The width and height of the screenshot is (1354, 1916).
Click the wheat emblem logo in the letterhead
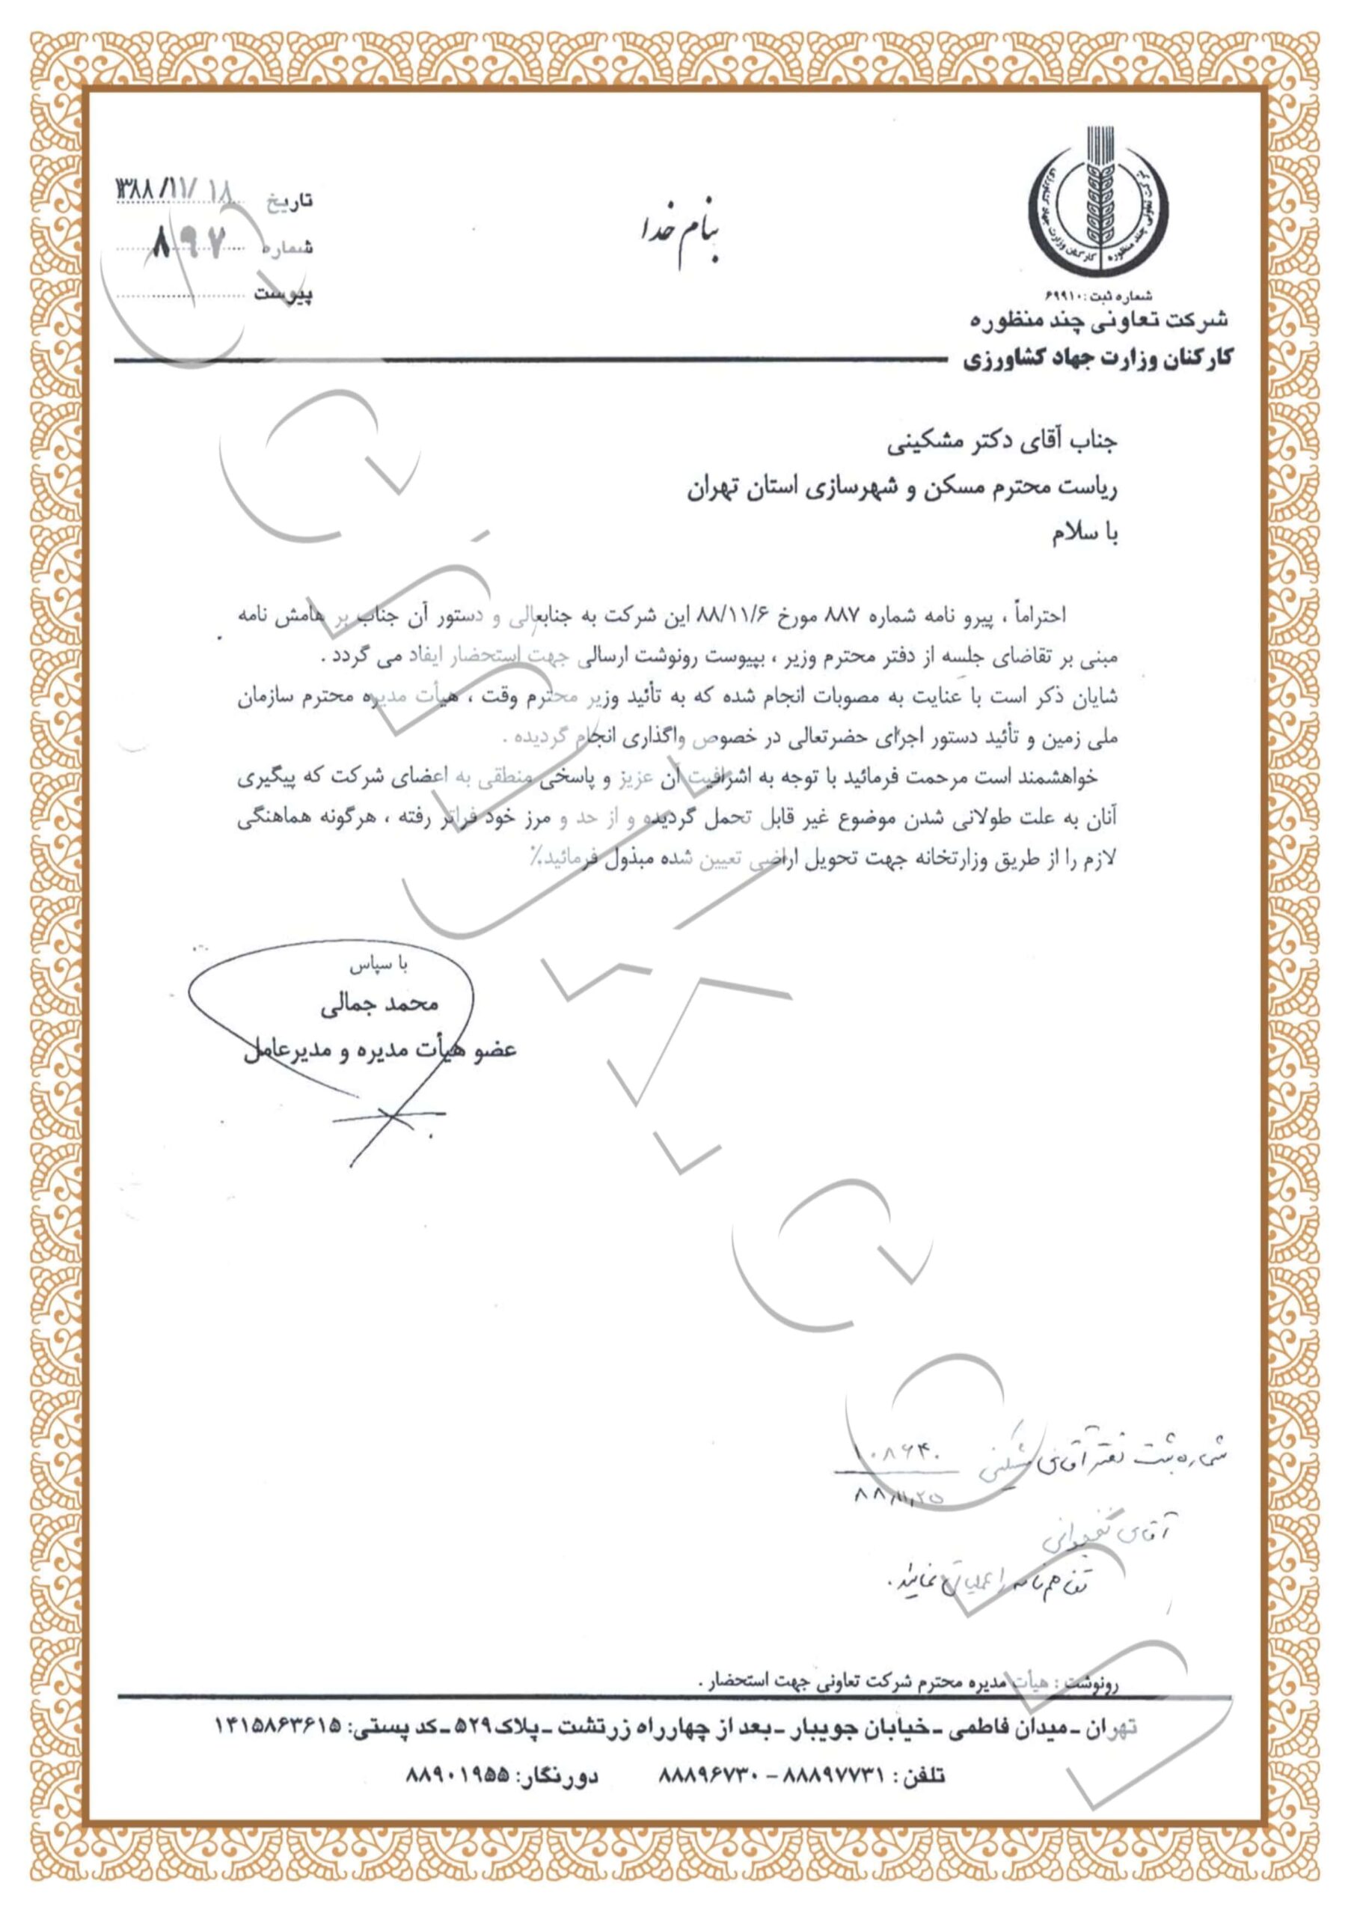1097,204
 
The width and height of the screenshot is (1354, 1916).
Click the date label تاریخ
290,201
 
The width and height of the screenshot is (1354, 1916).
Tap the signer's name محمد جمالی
379,1004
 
